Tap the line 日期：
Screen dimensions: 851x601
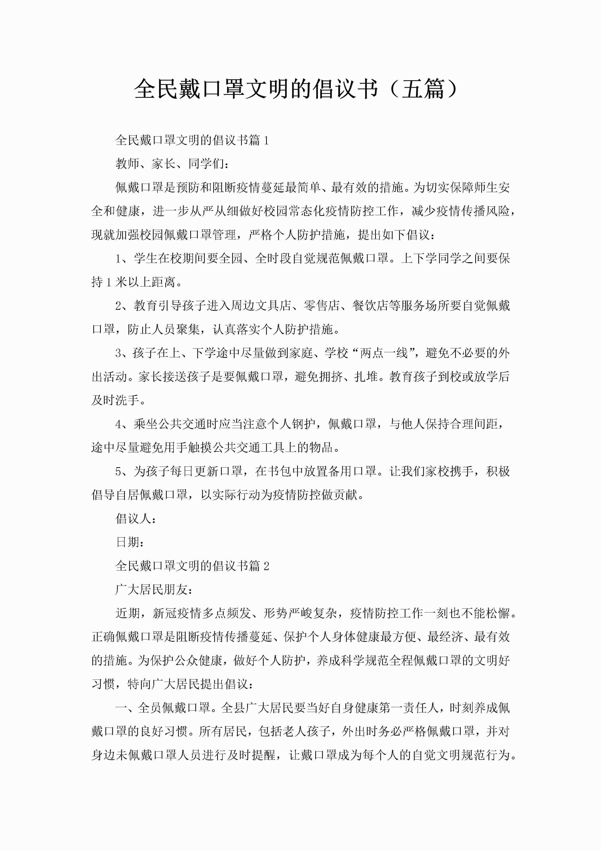130,542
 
